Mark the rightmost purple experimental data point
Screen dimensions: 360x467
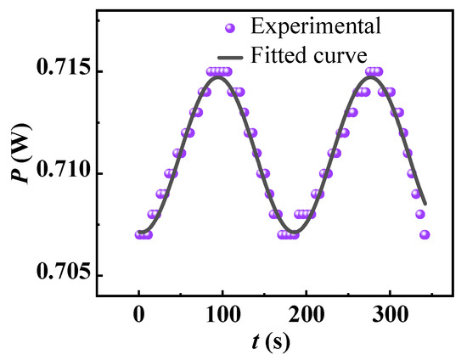pos(425,234)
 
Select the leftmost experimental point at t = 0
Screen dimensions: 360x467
pos(138,234)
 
